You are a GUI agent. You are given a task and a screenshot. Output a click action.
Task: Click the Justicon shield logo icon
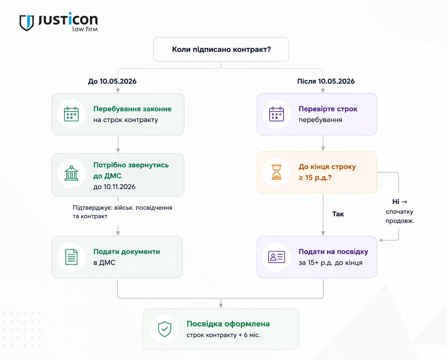click(x=27, y=23)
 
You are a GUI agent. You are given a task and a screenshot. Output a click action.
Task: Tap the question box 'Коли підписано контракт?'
click(x=221, y=50)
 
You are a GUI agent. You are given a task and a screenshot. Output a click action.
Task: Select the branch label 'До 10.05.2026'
click(x=112, y=81)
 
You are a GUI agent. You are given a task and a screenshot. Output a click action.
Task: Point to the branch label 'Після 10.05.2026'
click(x=326, y=81)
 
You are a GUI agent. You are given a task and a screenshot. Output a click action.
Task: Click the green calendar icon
click(x=71, y=114)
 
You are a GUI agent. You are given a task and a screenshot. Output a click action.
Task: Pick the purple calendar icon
click(x=277, y=114)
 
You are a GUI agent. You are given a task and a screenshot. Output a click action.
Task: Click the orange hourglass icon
click(x=277, y=172)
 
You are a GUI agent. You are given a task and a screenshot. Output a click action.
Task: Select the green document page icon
click(x=71, y=257)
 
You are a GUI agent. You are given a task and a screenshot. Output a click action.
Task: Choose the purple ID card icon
click(x=277, y=257)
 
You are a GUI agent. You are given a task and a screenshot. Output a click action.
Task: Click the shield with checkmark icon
click(x=165, y=329)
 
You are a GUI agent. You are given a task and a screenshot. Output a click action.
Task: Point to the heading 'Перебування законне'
click(x=132, y=109)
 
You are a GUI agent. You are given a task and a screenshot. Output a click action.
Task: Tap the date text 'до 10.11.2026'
click(x=114, y=187)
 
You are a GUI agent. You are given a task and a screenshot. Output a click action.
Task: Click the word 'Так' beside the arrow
click(x=338, y=214)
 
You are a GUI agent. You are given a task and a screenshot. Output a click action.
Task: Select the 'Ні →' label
click(x=400, y=202)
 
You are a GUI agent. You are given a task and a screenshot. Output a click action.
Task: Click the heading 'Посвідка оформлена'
click(x=228, y=324)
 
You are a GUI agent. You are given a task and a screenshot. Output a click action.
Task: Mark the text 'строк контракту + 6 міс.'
click(x=224, y=335)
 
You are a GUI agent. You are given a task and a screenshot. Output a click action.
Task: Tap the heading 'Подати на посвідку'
click(x=333, y=252)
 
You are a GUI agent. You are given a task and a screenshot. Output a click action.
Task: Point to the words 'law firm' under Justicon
click(x=85, y=29)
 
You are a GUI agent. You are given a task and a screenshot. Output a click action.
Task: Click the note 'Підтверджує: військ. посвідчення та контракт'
click(x=122, y=212)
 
